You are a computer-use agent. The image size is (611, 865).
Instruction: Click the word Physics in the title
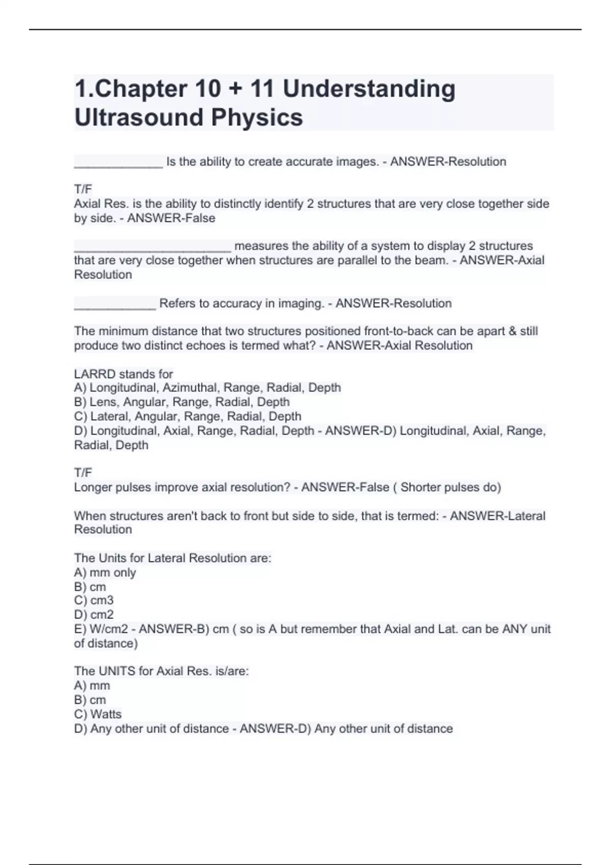click(257, 118)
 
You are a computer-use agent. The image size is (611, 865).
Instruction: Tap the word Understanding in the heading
click(369, 89)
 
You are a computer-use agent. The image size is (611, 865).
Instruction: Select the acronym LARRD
click(95, 374)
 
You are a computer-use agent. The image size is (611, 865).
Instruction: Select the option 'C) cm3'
click(94, 600)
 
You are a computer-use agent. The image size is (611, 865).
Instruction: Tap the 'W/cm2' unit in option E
click(109, 629)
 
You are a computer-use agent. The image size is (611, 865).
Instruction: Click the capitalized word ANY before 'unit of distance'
click(514, 629)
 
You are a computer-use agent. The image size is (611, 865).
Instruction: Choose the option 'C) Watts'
click(98, 714)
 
